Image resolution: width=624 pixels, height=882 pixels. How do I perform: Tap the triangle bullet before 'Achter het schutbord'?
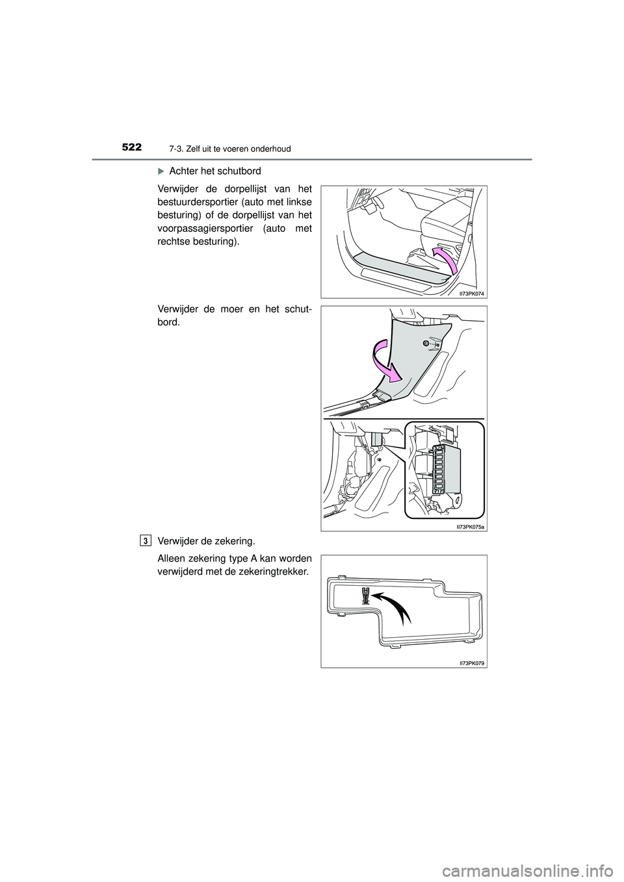[x=161, y=171]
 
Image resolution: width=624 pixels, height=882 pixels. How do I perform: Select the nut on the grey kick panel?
[x=425, y=343]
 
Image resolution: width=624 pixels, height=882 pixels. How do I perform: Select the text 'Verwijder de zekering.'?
[x=200, y=540]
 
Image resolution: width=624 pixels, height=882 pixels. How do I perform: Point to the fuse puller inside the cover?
[x=366, y=596]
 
